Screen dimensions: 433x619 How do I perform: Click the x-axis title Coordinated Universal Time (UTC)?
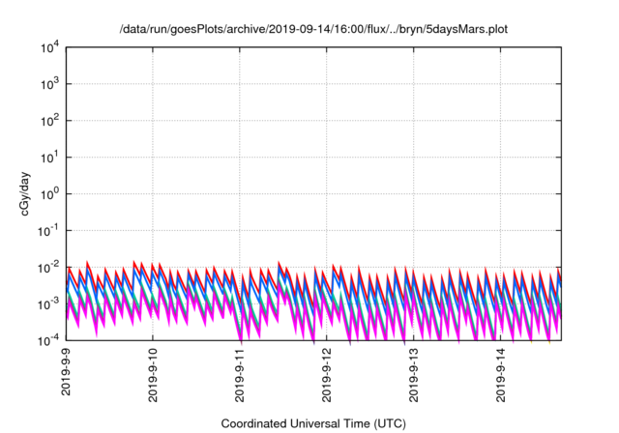pyautogui.click(x=313, y=423)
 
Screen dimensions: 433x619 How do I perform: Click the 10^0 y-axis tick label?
pyautogui.click(x=50, y=194)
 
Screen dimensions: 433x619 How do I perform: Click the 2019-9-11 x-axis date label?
pyautogui.click(x=241, y=376)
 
